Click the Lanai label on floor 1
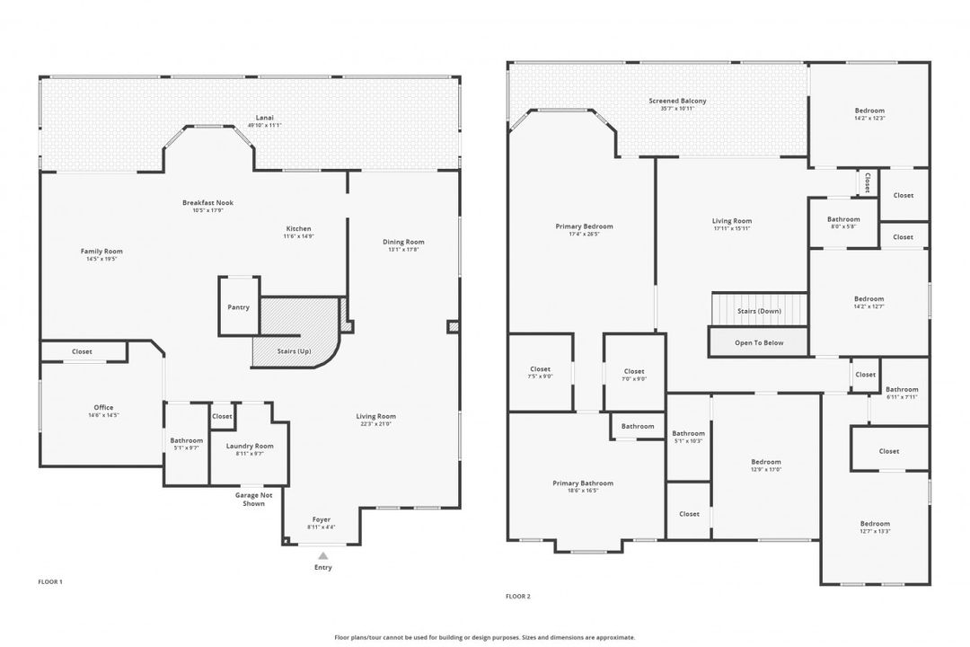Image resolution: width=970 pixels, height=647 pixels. [264, 118]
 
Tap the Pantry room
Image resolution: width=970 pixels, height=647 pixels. [238, 307]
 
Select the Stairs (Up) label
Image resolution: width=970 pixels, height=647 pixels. [293, 350]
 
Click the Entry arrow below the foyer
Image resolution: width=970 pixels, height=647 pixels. [322, 557]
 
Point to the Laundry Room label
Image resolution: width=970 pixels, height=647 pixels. [250, 446]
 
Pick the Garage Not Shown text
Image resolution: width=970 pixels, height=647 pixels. [253, 499]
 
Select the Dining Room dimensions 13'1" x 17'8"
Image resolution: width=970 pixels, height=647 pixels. [403, 250]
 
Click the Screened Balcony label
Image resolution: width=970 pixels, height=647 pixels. [677, 102]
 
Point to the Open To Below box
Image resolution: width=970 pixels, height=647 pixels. [759, 342]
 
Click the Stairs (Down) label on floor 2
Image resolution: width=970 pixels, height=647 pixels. [759, 311]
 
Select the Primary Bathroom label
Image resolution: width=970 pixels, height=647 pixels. [583, 483]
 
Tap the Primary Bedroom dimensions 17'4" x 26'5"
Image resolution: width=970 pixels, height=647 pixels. [584, 235]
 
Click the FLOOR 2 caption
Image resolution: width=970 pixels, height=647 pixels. [518, 596]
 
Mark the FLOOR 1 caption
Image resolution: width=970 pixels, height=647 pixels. [50, 582]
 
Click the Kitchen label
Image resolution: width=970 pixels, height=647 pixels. [298, 228]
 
